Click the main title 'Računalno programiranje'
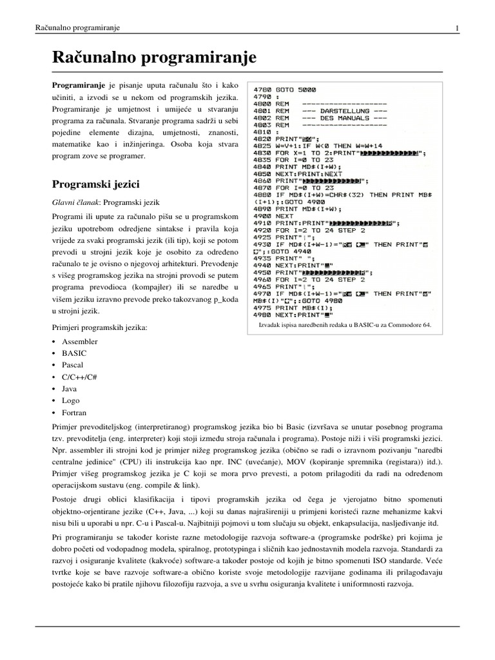pos(154,57)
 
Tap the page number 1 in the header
pos(456,28)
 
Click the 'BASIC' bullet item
pos(74,353)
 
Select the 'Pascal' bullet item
pos(73,365)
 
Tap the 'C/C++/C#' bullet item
pos(80,377)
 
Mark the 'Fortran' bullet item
pos(74,412)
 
